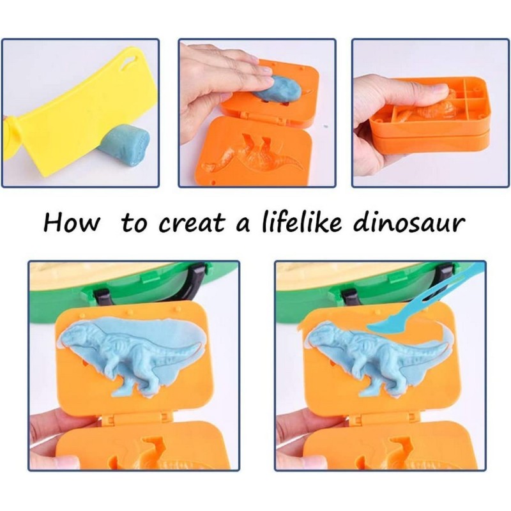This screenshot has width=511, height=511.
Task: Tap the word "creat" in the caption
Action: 191,224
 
